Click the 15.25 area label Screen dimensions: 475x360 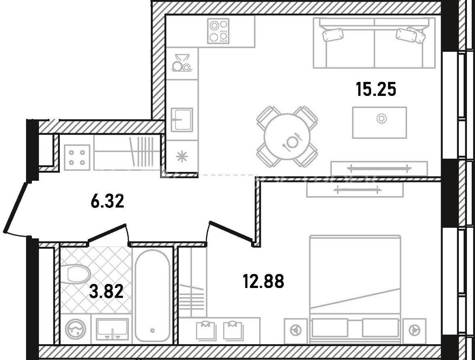click(x=376, y=90)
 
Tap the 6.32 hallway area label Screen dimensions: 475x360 click(x=108, y=201)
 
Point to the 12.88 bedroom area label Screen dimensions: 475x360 click(x=264, y=281)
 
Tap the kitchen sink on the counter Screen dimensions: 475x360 click(x=182, y=120)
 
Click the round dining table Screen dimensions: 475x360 click(x=287, y=136)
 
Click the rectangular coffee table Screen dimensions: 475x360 click(x=379, y=123)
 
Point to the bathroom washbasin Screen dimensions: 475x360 click(x=112, y=329)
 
